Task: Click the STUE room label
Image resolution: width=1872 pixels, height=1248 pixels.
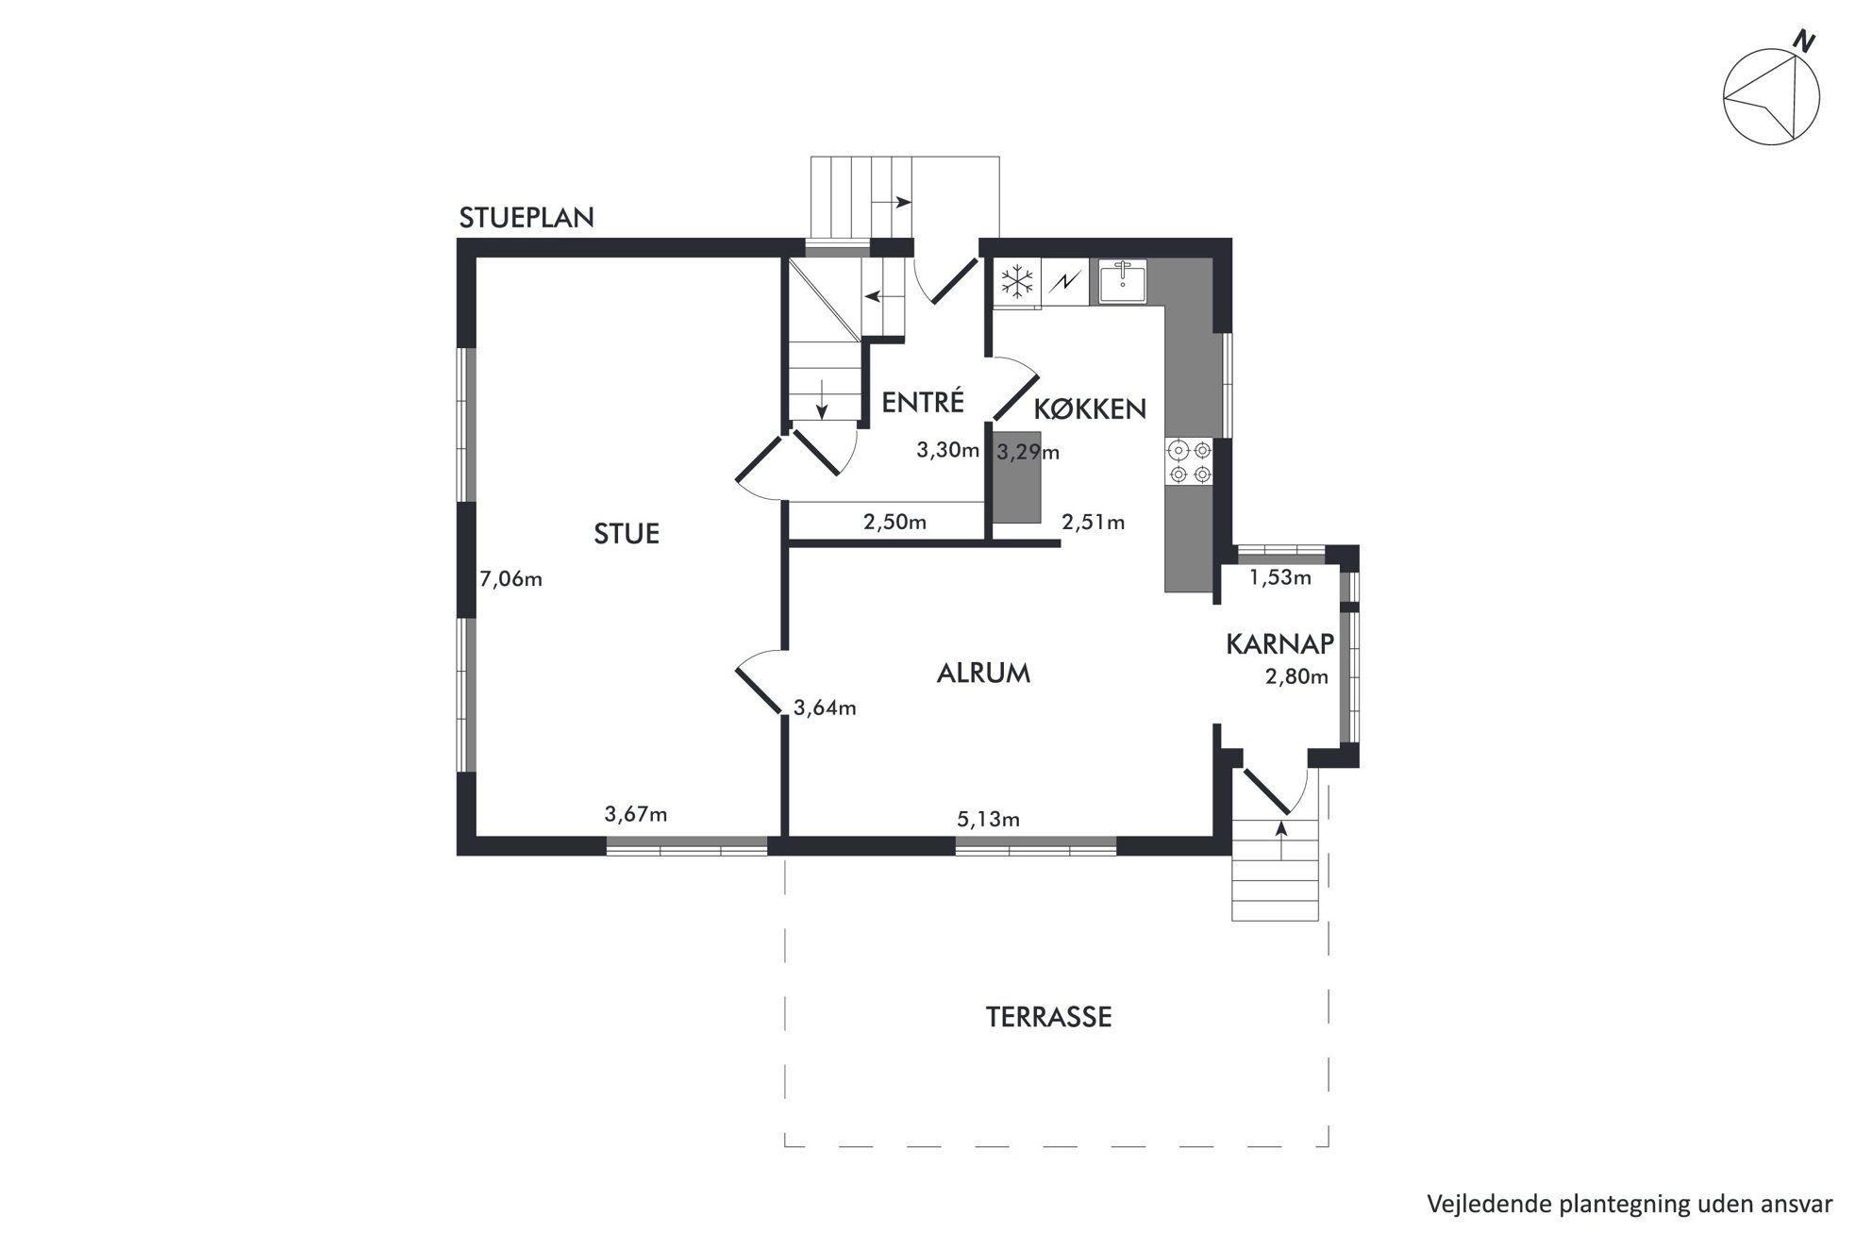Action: pyautogui.click(x=627, y=534)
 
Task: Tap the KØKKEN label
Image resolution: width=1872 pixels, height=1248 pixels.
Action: pyautogui.click(x=1090, y=408)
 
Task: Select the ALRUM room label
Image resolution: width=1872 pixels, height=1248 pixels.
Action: pyautogui.click(x=983, y=673)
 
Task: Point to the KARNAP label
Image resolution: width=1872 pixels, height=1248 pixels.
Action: pyautogui.click(x=1279, y=643)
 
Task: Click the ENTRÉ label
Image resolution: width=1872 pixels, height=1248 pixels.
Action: pyautogui.click(x=923, y=402)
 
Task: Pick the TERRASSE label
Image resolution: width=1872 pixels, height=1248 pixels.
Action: pyautogui.click(x=1048, y=1017)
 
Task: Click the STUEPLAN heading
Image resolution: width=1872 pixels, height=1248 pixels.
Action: pyautogui.click(x=526, y=218)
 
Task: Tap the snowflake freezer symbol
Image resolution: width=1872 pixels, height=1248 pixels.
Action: pyautogui.click(x=1017, y=280)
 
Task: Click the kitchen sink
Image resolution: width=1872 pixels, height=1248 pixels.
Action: pyautogui.click(x=1123, y=281)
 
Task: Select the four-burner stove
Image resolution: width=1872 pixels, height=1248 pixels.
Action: pyautogui.click(x=1190, y=462)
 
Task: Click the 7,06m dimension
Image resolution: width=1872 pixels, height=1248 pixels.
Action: pyautogui.click(x=511, y=579)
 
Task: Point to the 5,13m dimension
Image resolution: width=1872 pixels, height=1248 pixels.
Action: pyautogui.click(x=988, y=819)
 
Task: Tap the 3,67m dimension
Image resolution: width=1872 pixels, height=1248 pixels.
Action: pyautogui.click(x=636, y=813)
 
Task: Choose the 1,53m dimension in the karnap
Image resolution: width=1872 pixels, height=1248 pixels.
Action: pyautogui.click(x=1280, y=577)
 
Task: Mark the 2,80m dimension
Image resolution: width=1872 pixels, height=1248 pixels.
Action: pyautogui.click(x=1296, y=676)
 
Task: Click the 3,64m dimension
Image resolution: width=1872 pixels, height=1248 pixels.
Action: pyautogui.click(x=825, y=707)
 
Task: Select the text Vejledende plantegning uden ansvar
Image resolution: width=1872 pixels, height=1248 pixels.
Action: pyautogui.click(x=1630, y=1204)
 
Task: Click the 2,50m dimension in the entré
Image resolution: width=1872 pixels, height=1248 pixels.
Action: pyautogui.click(x=894, y=522)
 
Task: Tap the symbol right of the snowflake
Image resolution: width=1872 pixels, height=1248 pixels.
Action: pyautogui.click(x=1064, y=280)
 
